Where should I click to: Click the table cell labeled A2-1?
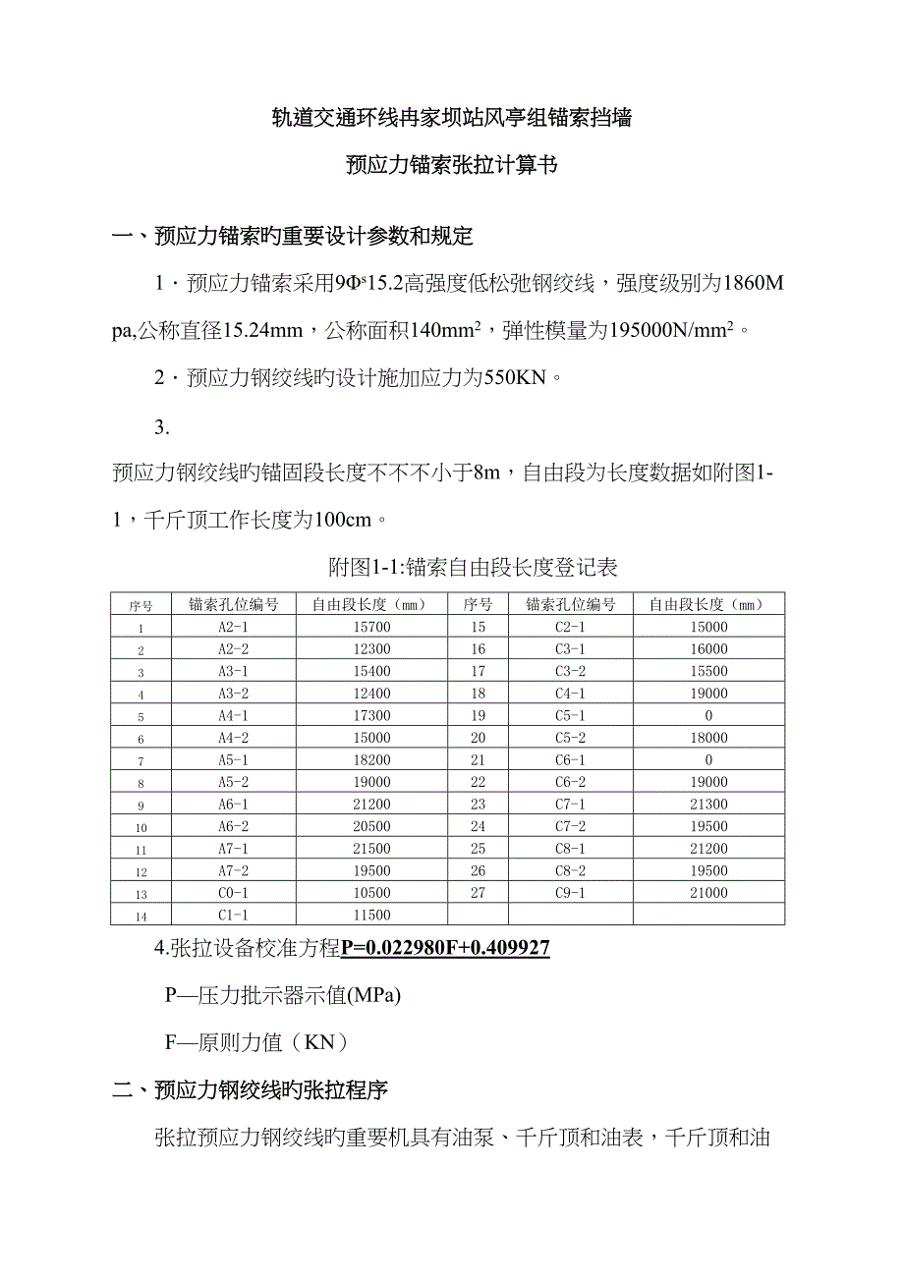point(233,627)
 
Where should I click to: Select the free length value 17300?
point(372,716)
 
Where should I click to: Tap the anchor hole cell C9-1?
point(570,893)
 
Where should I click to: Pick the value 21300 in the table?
point(708,805)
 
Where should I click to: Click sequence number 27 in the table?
point(479,893)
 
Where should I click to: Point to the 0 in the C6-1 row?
point(708,760)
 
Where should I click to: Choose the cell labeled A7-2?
point(233,871)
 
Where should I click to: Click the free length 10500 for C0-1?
point(372,893)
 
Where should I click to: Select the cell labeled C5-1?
point(570,716)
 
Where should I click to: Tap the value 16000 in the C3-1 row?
point(708,649)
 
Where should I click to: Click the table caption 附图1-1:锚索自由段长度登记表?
point(473,567)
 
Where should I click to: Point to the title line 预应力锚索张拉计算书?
point(452,165)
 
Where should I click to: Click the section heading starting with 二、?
point(251,1090)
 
